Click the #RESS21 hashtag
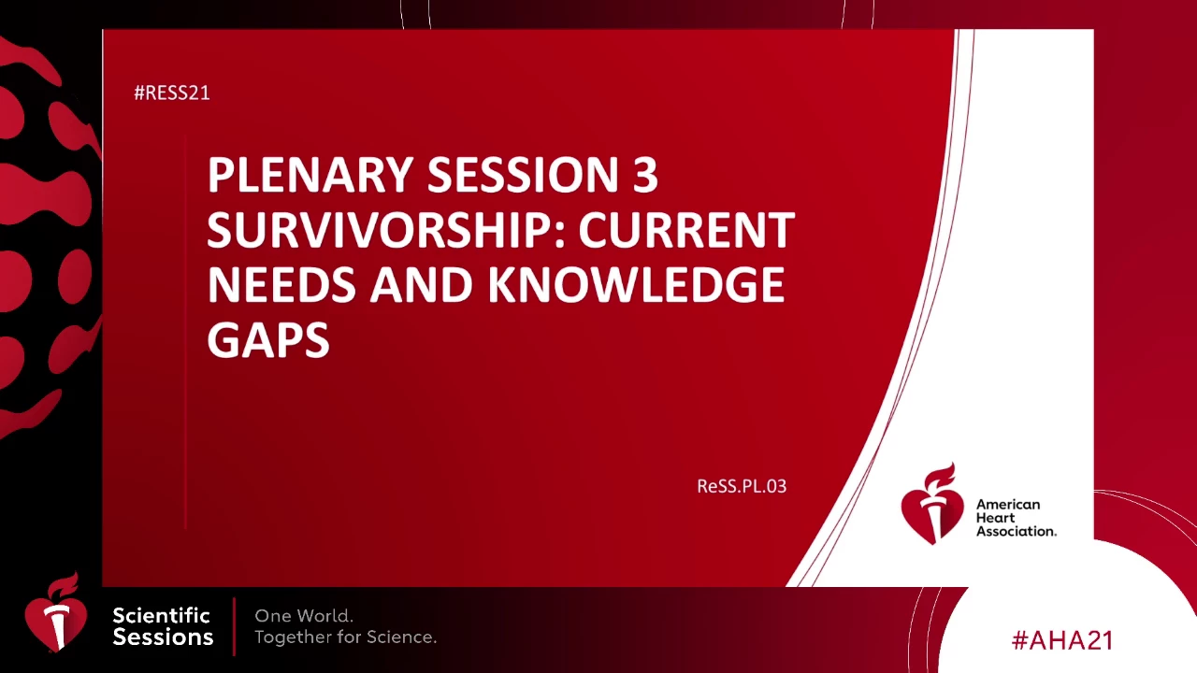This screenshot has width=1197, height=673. click(x=171, y=93)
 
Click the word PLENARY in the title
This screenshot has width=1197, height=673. click(x=310, y=174)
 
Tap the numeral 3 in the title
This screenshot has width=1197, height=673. click(x=645, y=174)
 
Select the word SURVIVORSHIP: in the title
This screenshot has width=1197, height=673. click(x=386, y=229)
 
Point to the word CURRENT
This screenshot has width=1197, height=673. click(x=686, y=229)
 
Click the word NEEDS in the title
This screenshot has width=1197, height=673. click(x=281, y=284)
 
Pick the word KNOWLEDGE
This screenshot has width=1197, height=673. click(x=636, y=284)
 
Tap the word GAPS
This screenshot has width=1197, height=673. click(x=268, y=339)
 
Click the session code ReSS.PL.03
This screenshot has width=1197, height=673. click(x=742, y=486)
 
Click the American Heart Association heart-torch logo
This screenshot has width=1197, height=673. click(x=932, y=504)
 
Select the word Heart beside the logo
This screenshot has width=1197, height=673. click(x=995, y=518)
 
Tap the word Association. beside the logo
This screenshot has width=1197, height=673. click(x=1017, y=531)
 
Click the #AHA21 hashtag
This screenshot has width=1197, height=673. click(x=1062, y=640)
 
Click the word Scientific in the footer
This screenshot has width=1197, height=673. click(x=161, y=616)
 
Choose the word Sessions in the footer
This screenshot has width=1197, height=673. click(x=163, y=637)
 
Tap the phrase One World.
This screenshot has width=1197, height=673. click(x=304, y=616)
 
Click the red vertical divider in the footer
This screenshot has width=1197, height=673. click(x=234, y=626)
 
